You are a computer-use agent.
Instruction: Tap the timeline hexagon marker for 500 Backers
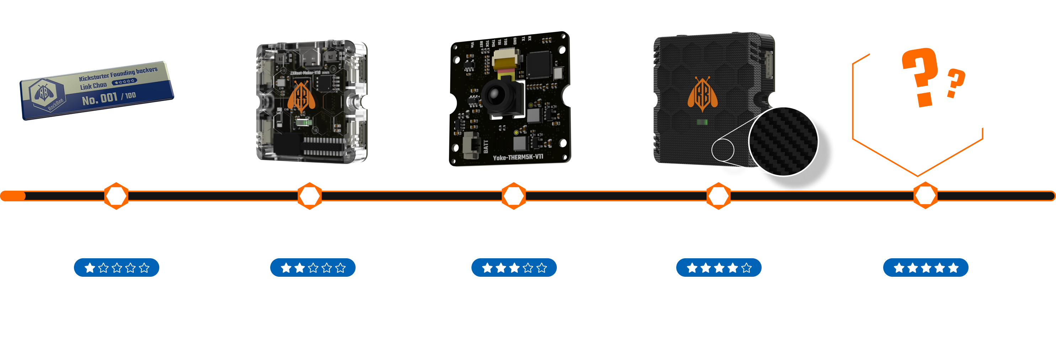[309, 196]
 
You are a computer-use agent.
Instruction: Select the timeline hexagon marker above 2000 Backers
[925, 196]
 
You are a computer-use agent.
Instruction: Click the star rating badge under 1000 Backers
[514, 268]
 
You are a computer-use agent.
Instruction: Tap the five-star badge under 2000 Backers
[925, 268]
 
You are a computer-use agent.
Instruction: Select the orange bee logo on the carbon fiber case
[702, 94]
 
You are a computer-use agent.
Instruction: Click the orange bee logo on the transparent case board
[301, 97]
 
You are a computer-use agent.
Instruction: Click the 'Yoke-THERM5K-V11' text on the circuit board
[518, 157]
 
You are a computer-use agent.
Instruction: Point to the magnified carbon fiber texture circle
[783, 142]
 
